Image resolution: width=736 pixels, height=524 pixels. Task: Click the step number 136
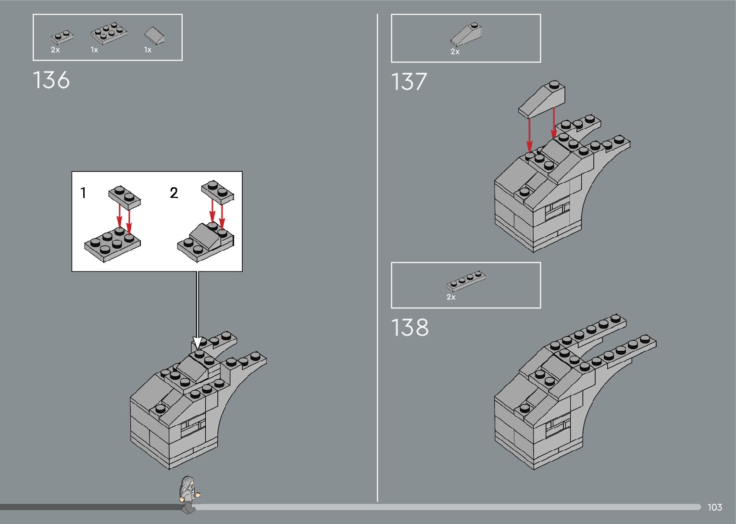pos(51,80)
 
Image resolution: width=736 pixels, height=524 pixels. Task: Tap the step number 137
pos(409,82)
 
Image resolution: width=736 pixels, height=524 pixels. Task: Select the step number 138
pos(410,328)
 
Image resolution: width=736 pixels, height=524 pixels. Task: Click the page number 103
pos(714,507)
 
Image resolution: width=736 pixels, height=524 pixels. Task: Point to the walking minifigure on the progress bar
pos(188,494)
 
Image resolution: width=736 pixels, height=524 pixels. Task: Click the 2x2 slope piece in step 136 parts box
pos(155,35)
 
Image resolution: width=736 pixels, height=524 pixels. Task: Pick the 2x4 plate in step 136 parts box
pos(109,33)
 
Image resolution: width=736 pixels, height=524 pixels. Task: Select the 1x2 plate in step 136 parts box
pos(62,37)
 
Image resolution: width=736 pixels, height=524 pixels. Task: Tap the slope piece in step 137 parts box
pos(466,35)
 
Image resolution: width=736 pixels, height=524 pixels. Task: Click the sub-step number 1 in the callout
pos(83,193)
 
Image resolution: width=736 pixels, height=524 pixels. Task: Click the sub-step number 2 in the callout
pos(174,193)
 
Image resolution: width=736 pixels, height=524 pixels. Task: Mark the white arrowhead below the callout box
pos(197,343)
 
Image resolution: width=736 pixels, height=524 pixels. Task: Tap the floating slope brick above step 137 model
pos(542,99)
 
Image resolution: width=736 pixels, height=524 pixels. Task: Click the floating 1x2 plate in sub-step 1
pos(125,196)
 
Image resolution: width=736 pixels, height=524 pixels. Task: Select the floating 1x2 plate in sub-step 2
pos(217,191)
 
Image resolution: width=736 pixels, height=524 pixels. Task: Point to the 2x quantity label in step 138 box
pos(451,297)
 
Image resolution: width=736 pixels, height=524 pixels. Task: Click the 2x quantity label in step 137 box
pos(455,51)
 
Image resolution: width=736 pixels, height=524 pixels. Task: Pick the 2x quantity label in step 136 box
pos(55,50)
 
